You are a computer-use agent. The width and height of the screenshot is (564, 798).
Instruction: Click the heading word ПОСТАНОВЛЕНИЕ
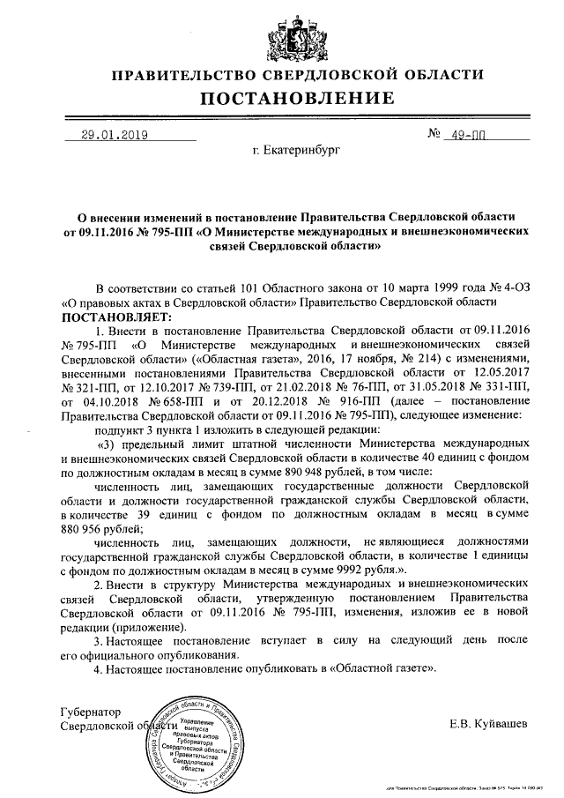tap(282, 97)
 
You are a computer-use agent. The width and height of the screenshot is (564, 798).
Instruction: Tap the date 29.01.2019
tap(114, 136)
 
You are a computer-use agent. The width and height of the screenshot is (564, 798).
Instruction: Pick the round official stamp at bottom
tap(196, 742)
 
